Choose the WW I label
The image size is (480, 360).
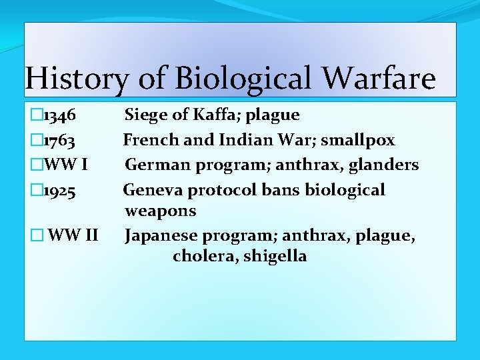click(x=65, y=165)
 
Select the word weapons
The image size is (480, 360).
click(x=161, y=211)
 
